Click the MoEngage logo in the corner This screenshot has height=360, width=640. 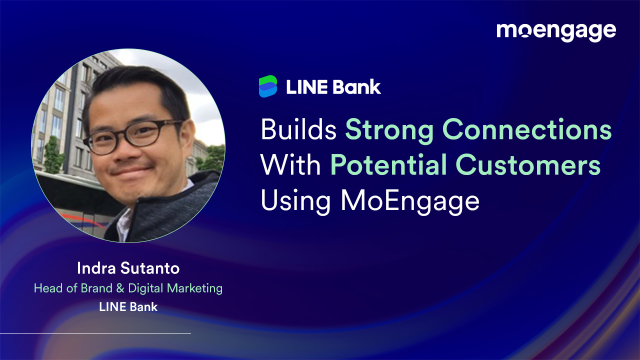[556, 31]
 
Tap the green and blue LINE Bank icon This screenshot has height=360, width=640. [268, 86]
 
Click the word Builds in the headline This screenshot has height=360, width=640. [298, 130]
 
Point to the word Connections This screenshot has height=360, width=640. [527, 130]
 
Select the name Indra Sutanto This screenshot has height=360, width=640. [128, 268]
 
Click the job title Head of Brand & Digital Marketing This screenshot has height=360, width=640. [128, 288]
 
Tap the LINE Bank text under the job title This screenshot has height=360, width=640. [128, 307]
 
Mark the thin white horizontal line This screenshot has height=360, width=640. [95, 333]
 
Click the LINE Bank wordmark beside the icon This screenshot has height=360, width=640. [333, 87]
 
